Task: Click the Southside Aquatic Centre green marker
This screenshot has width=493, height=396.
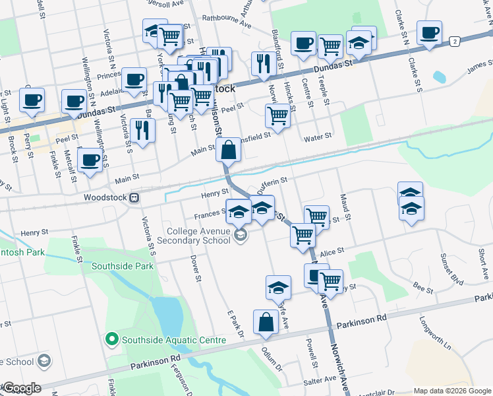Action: point(111,340)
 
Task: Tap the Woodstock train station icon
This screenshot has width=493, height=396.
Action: point(134,197)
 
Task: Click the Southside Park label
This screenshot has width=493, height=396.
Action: point(123,266)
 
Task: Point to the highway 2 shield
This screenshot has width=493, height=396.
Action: point(455,42)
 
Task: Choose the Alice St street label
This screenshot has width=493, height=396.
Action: point(332,251)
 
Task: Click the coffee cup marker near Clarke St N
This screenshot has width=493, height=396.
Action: point(429,33)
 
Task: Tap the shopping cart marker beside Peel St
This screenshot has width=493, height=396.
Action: point(277,117)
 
